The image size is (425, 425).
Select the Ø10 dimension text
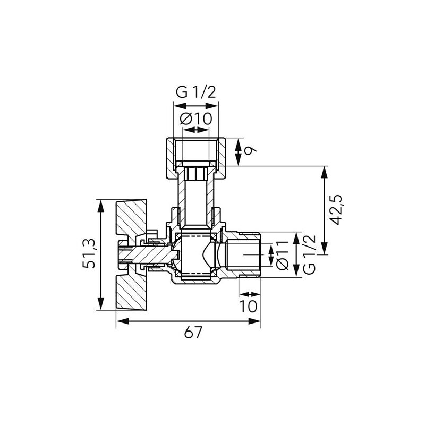[x=196, y=118]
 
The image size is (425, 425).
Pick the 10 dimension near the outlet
[x=248, y=306]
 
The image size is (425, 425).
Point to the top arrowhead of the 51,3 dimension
[x=101, y=202]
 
